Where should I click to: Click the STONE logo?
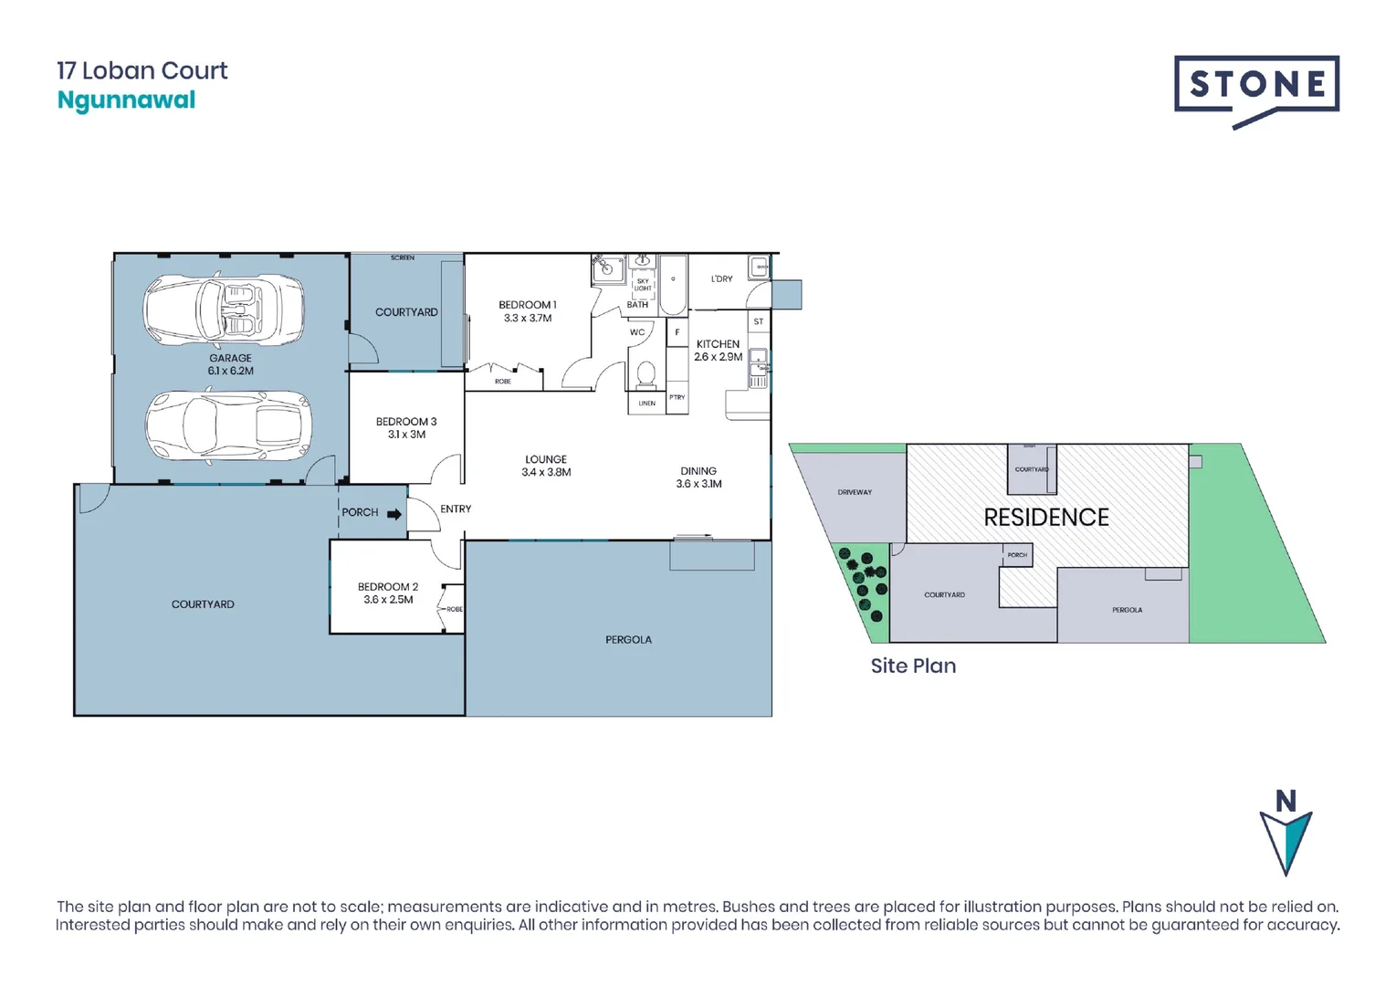[x=1256, y=87]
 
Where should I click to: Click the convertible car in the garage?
[x=224, y=310]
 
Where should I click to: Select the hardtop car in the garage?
[x=228, y=426]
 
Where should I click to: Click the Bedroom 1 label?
[x=527, y=305]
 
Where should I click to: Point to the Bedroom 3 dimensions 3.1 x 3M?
[x=406, y=435]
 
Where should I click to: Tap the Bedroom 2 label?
[x=388, y=587]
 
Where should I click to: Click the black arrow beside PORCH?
[x=394, y=514]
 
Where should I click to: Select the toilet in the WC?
[x=646, y=373]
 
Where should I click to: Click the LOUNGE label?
[x=546, y=459]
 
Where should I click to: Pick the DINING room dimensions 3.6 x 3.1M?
[x=698, y=484]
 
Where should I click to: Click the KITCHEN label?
[x=718, y=344]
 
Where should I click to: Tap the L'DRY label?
[x=721, y=278]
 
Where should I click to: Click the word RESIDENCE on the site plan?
[x=1045, y=518]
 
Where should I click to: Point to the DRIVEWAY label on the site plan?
[x=855, y=492]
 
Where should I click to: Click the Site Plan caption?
[x=913, y=666]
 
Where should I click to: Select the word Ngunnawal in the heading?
[x=126, y=100]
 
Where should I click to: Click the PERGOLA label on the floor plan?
[x=628, y=640]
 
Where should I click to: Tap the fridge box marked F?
[x=677, y=332]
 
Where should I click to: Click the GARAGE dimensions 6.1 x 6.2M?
[x=230, y=372]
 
